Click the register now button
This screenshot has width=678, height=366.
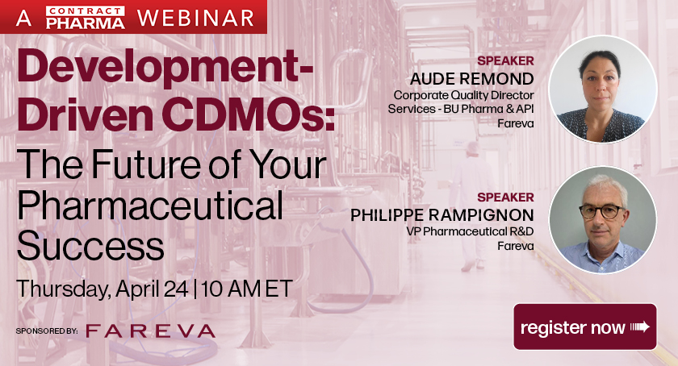(x=585, y=326)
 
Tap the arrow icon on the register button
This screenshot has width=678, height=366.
(x=640, y=326)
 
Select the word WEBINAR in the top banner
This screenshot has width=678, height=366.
(x=194, y=17)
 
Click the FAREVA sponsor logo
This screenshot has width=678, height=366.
(x=150, y=331)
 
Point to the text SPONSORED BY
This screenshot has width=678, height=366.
(x=46, y=331)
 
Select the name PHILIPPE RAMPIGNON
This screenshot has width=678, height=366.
(x=442, y=214)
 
